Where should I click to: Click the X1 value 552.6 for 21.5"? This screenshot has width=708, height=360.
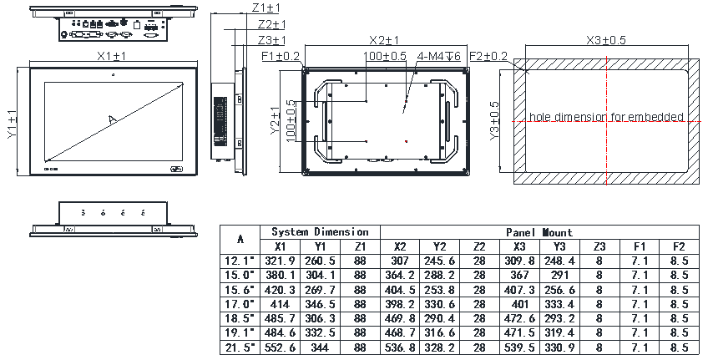coord(280,348)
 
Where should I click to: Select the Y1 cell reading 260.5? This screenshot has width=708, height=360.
coord(320,261)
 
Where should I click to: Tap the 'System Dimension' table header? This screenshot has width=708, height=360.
coord(320,231)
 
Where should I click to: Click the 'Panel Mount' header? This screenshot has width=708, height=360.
coord(539,232)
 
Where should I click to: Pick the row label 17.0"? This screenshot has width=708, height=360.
coord(240,304)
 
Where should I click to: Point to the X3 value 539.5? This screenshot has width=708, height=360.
coord(520,348)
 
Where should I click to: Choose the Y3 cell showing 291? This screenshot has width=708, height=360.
coord(559,275)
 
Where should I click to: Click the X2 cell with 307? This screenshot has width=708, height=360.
coord(399,261)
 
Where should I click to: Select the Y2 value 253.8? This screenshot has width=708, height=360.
coord(440,290)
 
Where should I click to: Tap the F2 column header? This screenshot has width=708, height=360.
coord(678,246)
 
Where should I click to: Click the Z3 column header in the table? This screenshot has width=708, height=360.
coord(599,246)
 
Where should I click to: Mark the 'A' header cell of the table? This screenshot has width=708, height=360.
coord(240,239)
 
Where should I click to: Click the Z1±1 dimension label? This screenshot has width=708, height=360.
coord(267,8)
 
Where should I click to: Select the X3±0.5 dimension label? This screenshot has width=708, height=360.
coord(607,40)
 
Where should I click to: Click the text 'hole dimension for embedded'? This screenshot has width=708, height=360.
coord(606,117)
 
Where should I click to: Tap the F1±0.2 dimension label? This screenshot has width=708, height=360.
coord(281,56)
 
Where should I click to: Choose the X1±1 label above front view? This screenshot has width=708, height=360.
coord(111,56)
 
